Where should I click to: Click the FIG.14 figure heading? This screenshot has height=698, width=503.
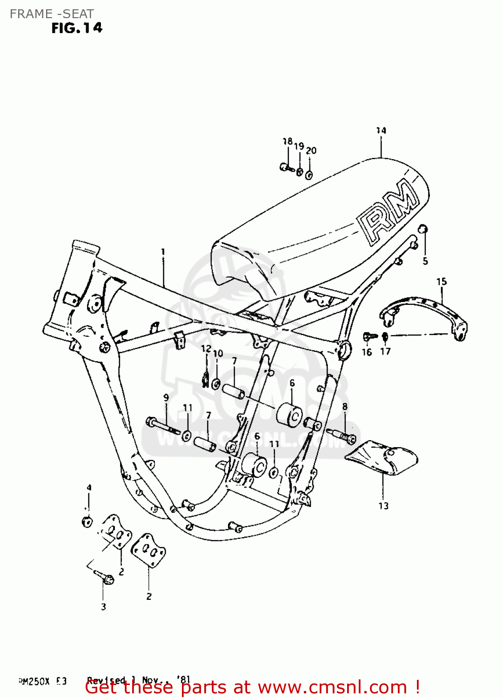point(77,28)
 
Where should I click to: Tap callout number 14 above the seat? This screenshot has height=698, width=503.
point(381,131)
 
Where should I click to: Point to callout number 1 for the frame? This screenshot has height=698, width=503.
point(163,252)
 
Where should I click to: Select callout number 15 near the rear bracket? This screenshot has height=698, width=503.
point(441,282)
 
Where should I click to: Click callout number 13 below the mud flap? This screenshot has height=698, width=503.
point(383,506)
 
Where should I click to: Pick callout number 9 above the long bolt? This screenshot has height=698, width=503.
point(166,398)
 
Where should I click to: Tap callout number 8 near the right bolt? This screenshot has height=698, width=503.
point(345,406)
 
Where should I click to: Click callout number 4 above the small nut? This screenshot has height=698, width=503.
point(89,488)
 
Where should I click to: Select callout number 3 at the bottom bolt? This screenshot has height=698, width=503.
point(103,607)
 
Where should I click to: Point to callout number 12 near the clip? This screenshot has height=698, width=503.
point(206,349)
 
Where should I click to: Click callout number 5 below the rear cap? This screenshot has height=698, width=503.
point(425,261)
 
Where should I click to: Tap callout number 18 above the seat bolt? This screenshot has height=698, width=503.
point(288,141)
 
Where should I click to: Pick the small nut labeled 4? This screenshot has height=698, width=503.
point(87,522)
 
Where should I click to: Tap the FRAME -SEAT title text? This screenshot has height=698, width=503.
point(52,14)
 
